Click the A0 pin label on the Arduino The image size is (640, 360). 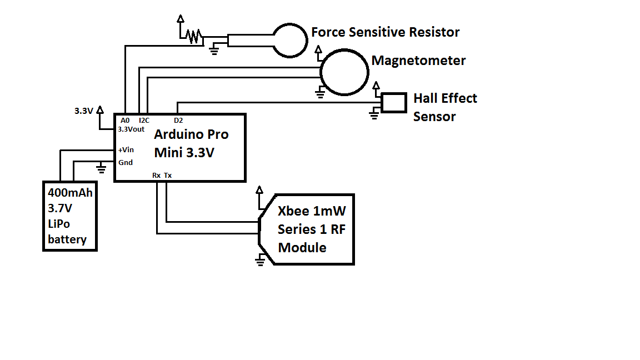125,120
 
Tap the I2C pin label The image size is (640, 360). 144,120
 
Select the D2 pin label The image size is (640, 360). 178,120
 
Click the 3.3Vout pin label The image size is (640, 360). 131,129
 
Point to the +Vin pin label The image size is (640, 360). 126,149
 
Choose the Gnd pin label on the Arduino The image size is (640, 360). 126,162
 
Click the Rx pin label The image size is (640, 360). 157,176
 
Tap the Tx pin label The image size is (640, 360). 168,176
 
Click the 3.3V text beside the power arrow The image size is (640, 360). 84,111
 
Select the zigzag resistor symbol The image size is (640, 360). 193,36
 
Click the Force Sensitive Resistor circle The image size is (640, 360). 291,39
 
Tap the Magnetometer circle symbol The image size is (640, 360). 344,72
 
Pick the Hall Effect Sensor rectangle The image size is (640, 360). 394,103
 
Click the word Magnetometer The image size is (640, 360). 418,61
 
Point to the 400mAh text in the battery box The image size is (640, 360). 70,194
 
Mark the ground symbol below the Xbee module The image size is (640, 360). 260,260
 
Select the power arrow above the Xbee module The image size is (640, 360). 259,191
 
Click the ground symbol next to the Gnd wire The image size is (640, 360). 101,167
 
